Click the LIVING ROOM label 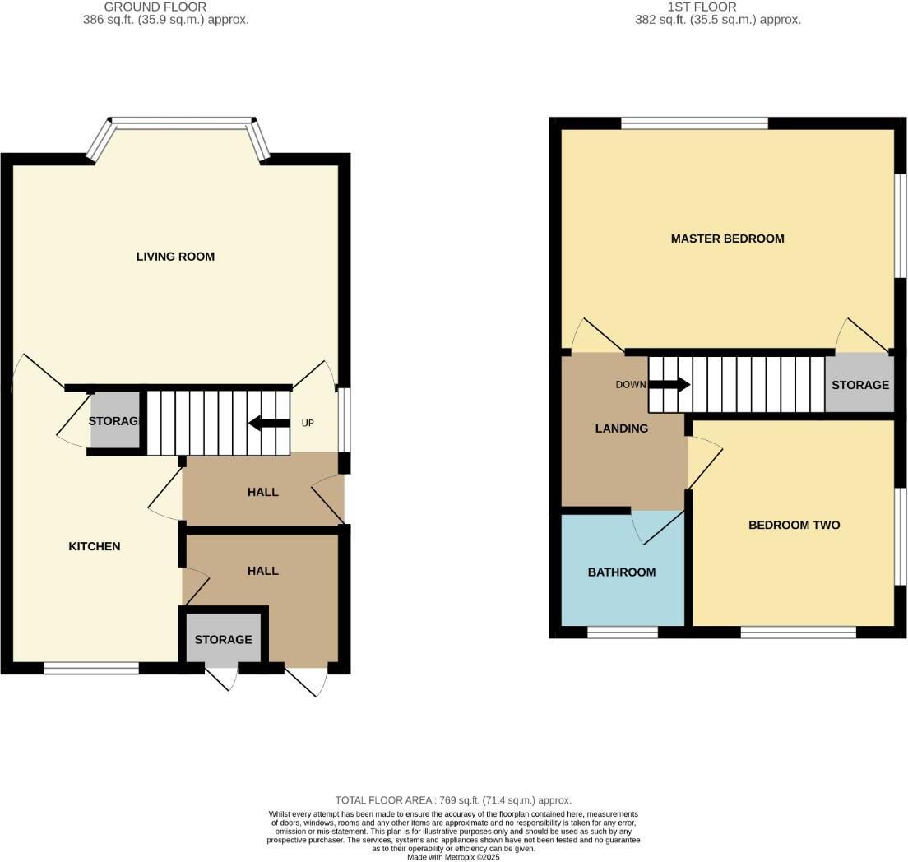click(x=175, y=257)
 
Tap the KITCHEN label click(x=95, y=546)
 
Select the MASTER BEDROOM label click(x=727, y=239)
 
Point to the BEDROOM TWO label click(x=794, y=525)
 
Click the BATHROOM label click(x=622, y=572)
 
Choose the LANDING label click(x=622, y=429)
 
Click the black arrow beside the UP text click(x=269, y=424)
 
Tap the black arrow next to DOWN click(x=669, y=384)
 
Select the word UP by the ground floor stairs click(x=308, y=424)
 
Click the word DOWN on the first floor click(x=631, y=384)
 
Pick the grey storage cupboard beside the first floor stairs click(x=859, y=385)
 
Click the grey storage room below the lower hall click(x=223, y=639)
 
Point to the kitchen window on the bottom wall click(x=91, y=669)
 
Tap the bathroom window click(x=622, y=633)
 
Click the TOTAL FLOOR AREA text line click(x=453, y=800)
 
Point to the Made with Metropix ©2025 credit click(x=453, y=857)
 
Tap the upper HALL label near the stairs click(x=263, y=492)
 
